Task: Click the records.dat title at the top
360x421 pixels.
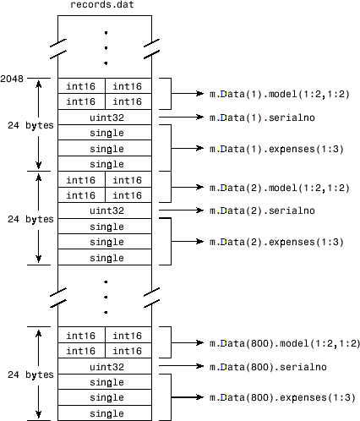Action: [x=106, y=8]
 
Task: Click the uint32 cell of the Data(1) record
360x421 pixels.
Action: [x=106, y=117]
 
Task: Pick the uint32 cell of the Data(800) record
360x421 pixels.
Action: [x=106, y=367]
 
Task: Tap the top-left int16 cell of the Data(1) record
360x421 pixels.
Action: [x=82, y=85]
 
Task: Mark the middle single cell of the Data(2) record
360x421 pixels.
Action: [x=106, y=242]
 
